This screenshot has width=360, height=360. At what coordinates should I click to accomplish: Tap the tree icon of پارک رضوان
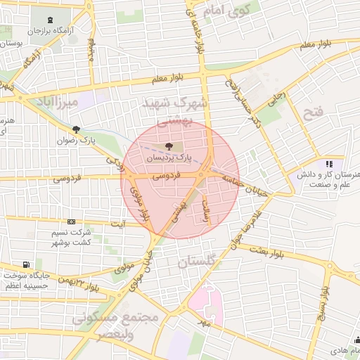tap(76, 129)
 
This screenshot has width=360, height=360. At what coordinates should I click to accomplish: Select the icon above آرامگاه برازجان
tap(51, 20)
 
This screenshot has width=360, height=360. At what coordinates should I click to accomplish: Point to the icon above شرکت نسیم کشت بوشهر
tap(70, 221)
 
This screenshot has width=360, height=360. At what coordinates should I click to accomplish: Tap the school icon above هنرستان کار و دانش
tap(328, 164)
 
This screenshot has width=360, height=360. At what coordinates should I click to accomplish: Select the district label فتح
tap(311, 112)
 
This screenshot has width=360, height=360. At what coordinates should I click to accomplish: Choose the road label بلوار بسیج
tap(321, 301)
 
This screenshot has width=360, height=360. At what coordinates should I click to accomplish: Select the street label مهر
tap(204, 323)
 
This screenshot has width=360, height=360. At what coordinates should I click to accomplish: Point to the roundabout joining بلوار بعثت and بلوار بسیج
tap(330, 268)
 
